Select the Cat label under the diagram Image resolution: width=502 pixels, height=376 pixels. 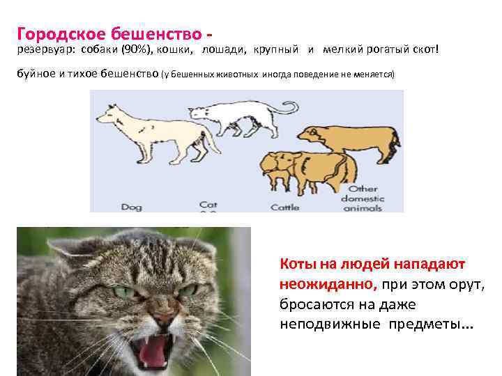[208, 205]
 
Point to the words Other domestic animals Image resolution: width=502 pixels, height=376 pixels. [363, 198]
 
